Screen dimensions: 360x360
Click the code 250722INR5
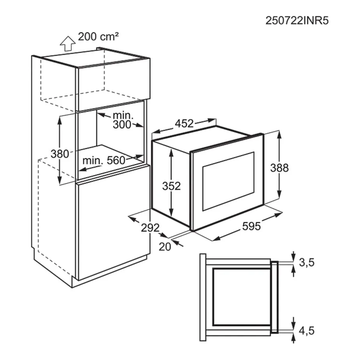[297, 21]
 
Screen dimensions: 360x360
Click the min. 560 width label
[103, 160]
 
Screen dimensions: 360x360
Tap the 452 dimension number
[184, 124]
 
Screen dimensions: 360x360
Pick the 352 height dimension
[171, 186]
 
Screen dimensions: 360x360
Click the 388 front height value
[280, 168]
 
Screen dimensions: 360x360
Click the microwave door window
[228, 180]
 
